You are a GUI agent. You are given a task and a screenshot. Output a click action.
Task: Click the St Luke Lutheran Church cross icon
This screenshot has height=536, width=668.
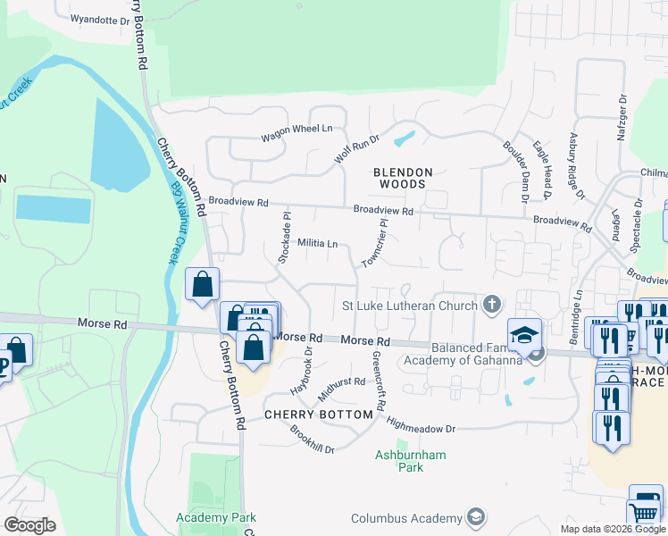point(490,306)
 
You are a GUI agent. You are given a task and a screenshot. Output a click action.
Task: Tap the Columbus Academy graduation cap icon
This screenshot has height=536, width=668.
point(476,518)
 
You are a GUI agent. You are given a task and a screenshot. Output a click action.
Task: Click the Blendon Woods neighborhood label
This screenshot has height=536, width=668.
point(403,179)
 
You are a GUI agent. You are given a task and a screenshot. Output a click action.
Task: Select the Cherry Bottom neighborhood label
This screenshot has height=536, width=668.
point(318,415)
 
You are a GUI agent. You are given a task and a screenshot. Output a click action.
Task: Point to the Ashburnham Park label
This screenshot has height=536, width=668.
point(409,461)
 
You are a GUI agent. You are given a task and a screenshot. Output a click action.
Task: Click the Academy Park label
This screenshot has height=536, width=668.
point(216,517)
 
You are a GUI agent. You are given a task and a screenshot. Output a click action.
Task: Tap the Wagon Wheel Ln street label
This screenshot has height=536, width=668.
point(290,134)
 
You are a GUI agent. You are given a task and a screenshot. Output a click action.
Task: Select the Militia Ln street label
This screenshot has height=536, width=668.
point(317,243)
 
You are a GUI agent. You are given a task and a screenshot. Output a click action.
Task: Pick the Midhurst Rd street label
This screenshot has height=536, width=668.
point(341,387)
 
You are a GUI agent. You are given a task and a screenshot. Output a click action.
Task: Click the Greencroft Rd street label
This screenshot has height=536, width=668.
point(379,381)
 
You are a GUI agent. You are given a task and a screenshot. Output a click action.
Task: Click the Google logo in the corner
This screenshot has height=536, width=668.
point(29,525)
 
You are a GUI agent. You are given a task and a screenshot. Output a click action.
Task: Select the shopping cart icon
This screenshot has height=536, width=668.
point(645,513)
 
